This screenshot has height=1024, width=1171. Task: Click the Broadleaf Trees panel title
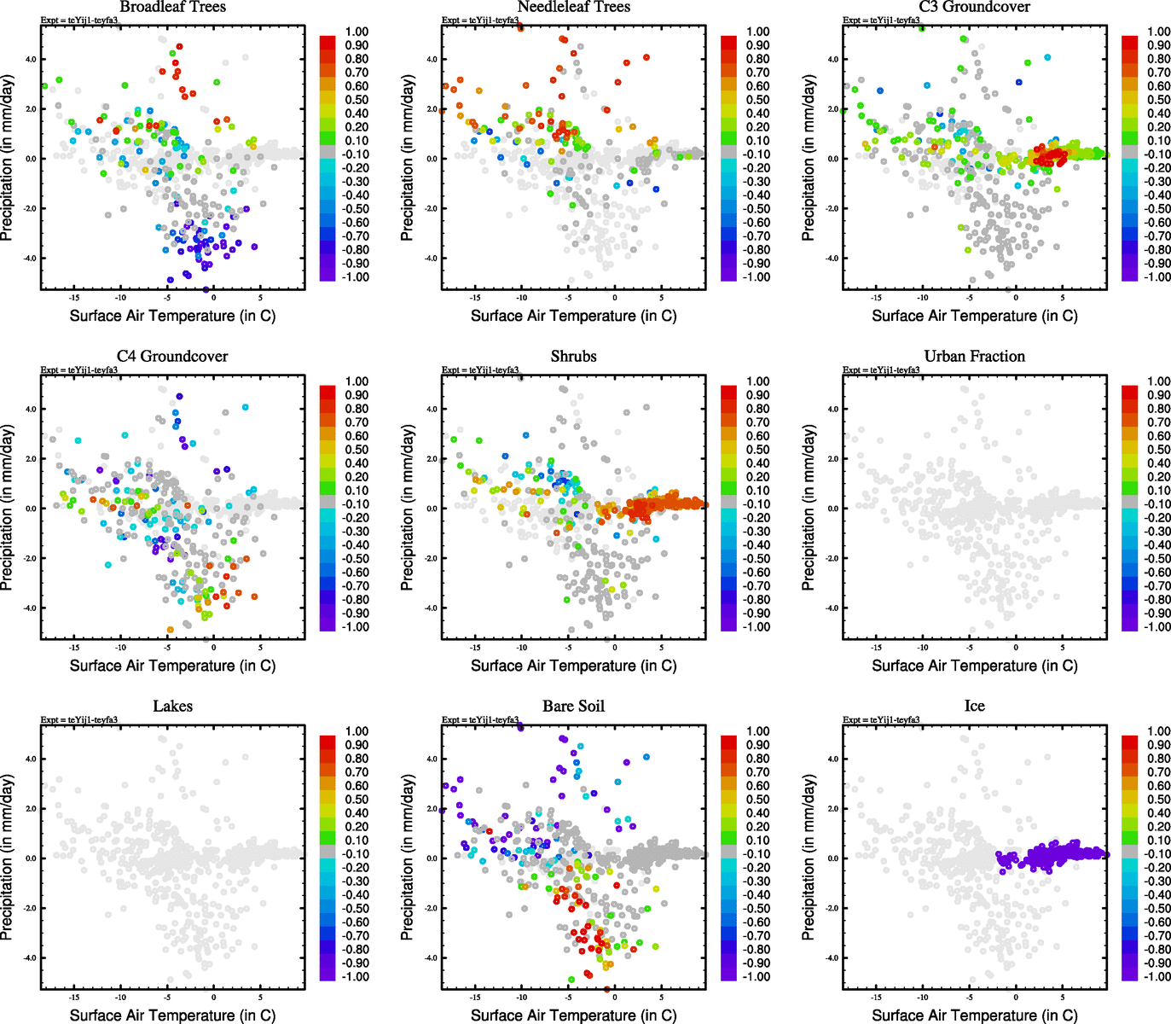(172, 7)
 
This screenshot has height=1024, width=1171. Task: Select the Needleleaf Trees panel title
(573, 7)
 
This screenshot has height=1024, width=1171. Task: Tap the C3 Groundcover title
(974, 7)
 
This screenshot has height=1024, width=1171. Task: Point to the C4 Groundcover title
(172, 356)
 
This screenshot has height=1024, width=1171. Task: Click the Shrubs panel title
(573, 356)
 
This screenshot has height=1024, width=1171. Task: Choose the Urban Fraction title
(974, 356)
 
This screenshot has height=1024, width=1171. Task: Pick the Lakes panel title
(172, 706)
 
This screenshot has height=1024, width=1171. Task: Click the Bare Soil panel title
(573, 706)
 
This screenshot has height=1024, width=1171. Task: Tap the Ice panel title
(974, 706)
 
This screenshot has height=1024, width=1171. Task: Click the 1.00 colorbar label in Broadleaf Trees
(357, 32)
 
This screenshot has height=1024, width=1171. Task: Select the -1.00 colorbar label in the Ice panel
(1157, 976)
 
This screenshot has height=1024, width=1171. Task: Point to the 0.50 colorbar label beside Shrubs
(757, 450)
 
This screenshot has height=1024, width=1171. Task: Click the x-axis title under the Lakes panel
(172, 1015)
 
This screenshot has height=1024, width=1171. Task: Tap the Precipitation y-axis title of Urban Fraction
(809, 508)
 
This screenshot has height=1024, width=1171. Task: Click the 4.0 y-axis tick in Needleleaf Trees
(432, 60)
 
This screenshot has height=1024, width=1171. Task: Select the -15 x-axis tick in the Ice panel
(876, 997)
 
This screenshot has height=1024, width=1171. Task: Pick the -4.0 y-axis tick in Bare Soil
(431, 957)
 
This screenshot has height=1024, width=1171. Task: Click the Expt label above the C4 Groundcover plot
(79, 370)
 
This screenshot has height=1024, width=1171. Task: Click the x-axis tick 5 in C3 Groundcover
(1062, 298)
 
